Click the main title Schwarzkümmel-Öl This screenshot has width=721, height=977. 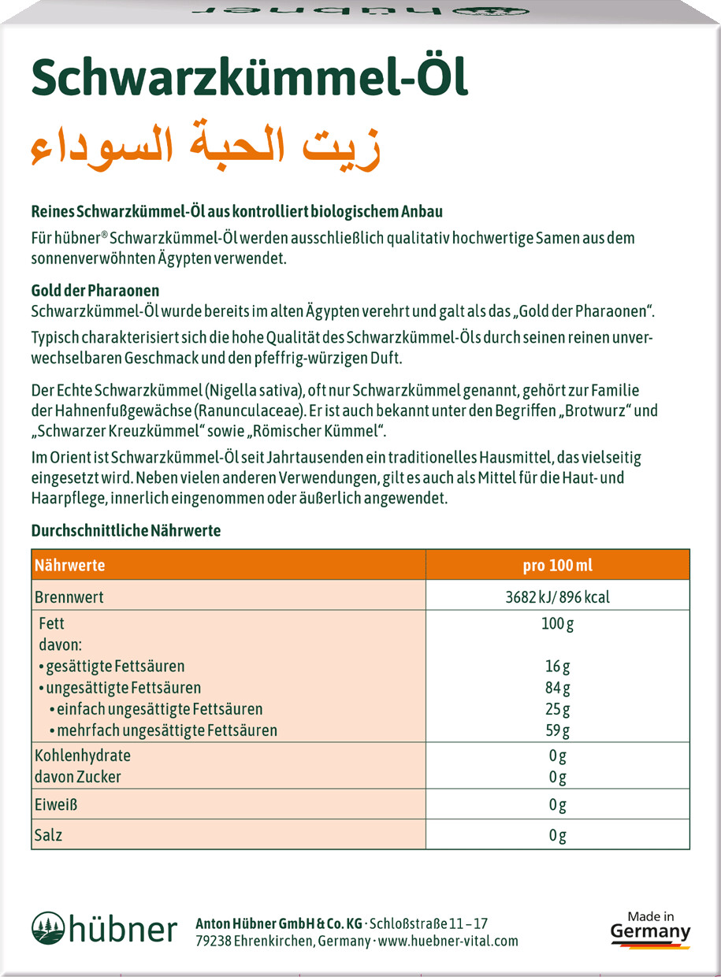(x=249, y=80)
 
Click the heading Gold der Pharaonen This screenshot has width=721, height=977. (x=95, y=290)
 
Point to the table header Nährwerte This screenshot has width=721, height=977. (x=70, y=565)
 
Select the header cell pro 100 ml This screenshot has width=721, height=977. (x=557, y=565)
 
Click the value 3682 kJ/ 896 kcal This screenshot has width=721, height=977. (x=557, y=596)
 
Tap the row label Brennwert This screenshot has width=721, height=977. (x=69, y=596)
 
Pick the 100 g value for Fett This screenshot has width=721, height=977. (x=557, y=623)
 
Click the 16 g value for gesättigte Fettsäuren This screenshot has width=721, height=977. (x=557, y=666)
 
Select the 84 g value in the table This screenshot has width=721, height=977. (x=557, y=687)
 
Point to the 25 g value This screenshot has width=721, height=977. (x=557, y=708)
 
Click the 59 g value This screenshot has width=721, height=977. (x=557, y=730)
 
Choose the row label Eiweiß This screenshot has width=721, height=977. (x=56, y=804)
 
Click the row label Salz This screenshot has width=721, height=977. (x=48, y=834)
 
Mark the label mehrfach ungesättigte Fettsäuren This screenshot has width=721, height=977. (x=162, y=730)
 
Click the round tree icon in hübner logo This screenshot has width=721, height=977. (x=47, y=927)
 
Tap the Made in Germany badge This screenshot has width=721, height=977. (x=650, y=928)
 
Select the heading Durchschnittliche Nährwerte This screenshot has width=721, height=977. (x=126, y=530)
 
